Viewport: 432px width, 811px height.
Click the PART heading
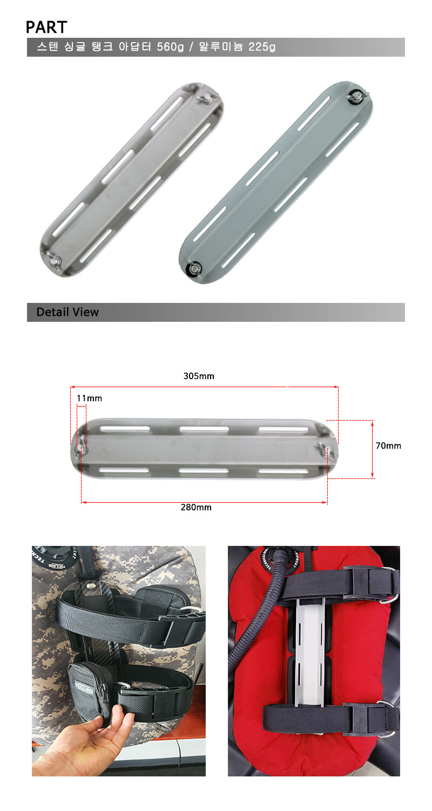(46, 27)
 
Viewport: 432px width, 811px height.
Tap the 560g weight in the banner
(170, 46)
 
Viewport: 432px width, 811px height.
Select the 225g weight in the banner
(262, 46)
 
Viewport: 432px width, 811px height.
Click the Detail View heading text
(67, 312)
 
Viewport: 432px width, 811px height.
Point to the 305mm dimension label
(199, 376)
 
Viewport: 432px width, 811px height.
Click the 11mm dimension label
(89, 398)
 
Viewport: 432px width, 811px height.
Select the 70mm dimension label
(388, 445)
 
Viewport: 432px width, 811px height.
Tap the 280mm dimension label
(196, 507)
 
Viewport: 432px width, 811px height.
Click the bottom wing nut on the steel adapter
(53, 259)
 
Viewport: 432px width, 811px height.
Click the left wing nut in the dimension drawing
(81, 449)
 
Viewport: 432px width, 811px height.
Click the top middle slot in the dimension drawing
(204, 429)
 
